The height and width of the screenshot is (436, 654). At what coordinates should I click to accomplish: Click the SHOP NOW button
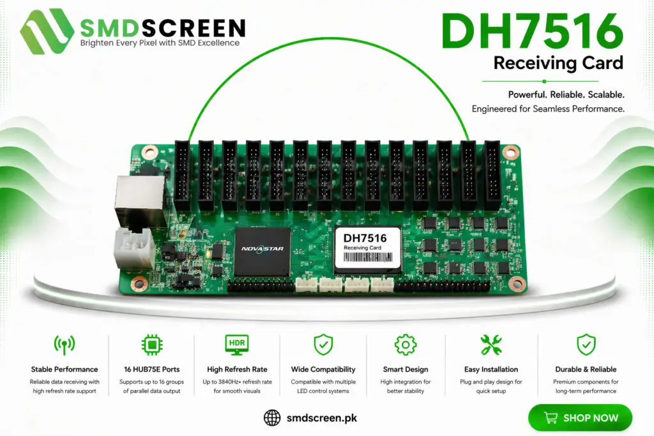580,417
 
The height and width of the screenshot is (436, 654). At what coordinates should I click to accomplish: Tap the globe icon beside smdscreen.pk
272,417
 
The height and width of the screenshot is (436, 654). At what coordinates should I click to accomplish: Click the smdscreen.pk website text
322,417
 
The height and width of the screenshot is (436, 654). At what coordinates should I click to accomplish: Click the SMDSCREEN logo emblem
46,32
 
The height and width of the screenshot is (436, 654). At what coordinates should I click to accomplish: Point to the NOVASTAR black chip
262,251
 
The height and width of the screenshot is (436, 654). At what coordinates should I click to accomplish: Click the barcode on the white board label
367,257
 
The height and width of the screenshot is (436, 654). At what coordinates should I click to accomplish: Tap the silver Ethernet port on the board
140,200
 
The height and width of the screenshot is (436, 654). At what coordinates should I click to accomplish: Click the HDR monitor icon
237,345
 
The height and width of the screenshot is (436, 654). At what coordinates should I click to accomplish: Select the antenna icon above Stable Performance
65,345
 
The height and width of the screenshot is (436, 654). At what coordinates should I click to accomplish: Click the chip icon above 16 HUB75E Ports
152,345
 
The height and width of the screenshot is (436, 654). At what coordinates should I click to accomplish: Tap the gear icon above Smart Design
406,345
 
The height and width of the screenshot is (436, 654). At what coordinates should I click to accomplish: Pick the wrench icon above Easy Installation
491,345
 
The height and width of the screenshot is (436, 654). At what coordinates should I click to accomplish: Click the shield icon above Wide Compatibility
323,345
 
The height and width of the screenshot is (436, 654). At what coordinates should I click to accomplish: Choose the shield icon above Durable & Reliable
586,345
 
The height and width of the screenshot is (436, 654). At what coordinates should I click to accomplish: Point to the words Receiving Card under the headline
558,63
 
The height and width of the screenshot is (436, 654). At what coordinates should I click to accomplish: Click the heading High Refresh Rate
237,370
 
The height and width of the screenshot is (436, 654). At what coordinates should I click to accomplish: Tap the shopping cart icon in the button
551,417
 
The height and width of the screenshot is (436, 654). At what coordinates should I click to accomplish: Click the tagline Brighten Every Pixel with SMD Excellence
160,43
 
